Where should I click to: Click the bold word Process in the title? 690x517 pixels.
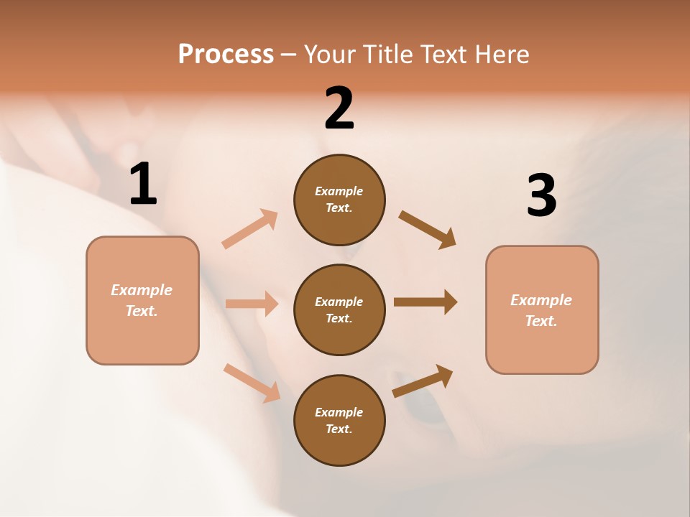tap(226, 54)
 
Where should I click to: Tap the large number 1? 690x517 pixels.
tap(143, 185)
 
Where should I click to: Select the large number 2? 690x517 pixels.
tap(339, 108)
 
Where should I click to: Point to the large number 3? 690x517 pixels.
tap(541, 196)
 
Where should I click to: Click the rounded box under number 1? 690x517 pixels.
tap(142, 300)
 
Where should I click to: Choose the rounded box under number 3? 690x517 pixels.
tap(542, 309)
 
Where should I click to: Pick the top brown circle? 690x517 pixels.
tap(339, 200)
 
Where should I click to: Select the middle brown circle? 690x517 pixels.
tap(339, 309)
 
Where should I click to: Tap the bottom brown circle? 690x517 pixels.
tap(339, 420)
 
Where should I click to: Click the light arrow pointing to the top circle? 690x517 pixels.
tap(250, 229)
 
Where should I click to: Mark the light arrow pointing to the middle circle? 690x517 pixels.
tap(252, 304)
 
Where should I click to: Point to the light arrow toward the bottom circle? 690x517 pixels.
tap(252, 383)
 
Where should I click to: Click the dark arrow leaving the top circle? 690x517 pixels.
tap(428, 229)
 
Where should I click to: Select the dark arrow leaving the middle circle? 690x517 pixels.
tap(425, 302)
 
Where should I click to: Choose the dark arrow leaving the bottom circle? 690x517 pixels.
tap(423, 381)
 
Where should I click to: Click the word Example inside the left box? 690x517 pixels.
tap(142, 290)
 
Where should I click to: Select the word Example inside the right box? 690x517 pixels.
tap(541, 300)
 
